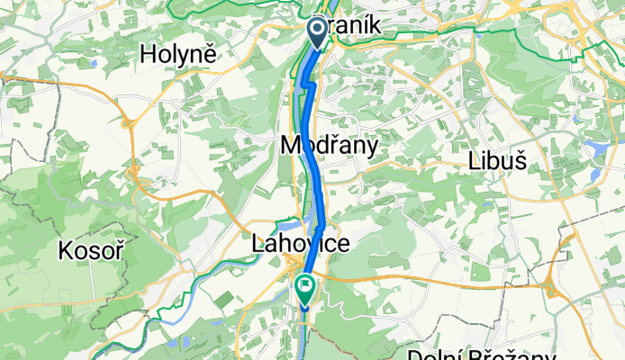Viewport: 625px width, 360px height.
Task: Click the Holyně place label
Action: [179, 54]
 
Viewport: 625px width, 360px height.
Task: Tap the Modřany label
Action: [328, 145]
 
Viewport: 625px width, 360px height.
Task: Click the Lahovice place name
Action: [299, 244]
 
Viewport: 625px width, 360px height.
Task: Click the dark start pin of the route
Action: [318, 31]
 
